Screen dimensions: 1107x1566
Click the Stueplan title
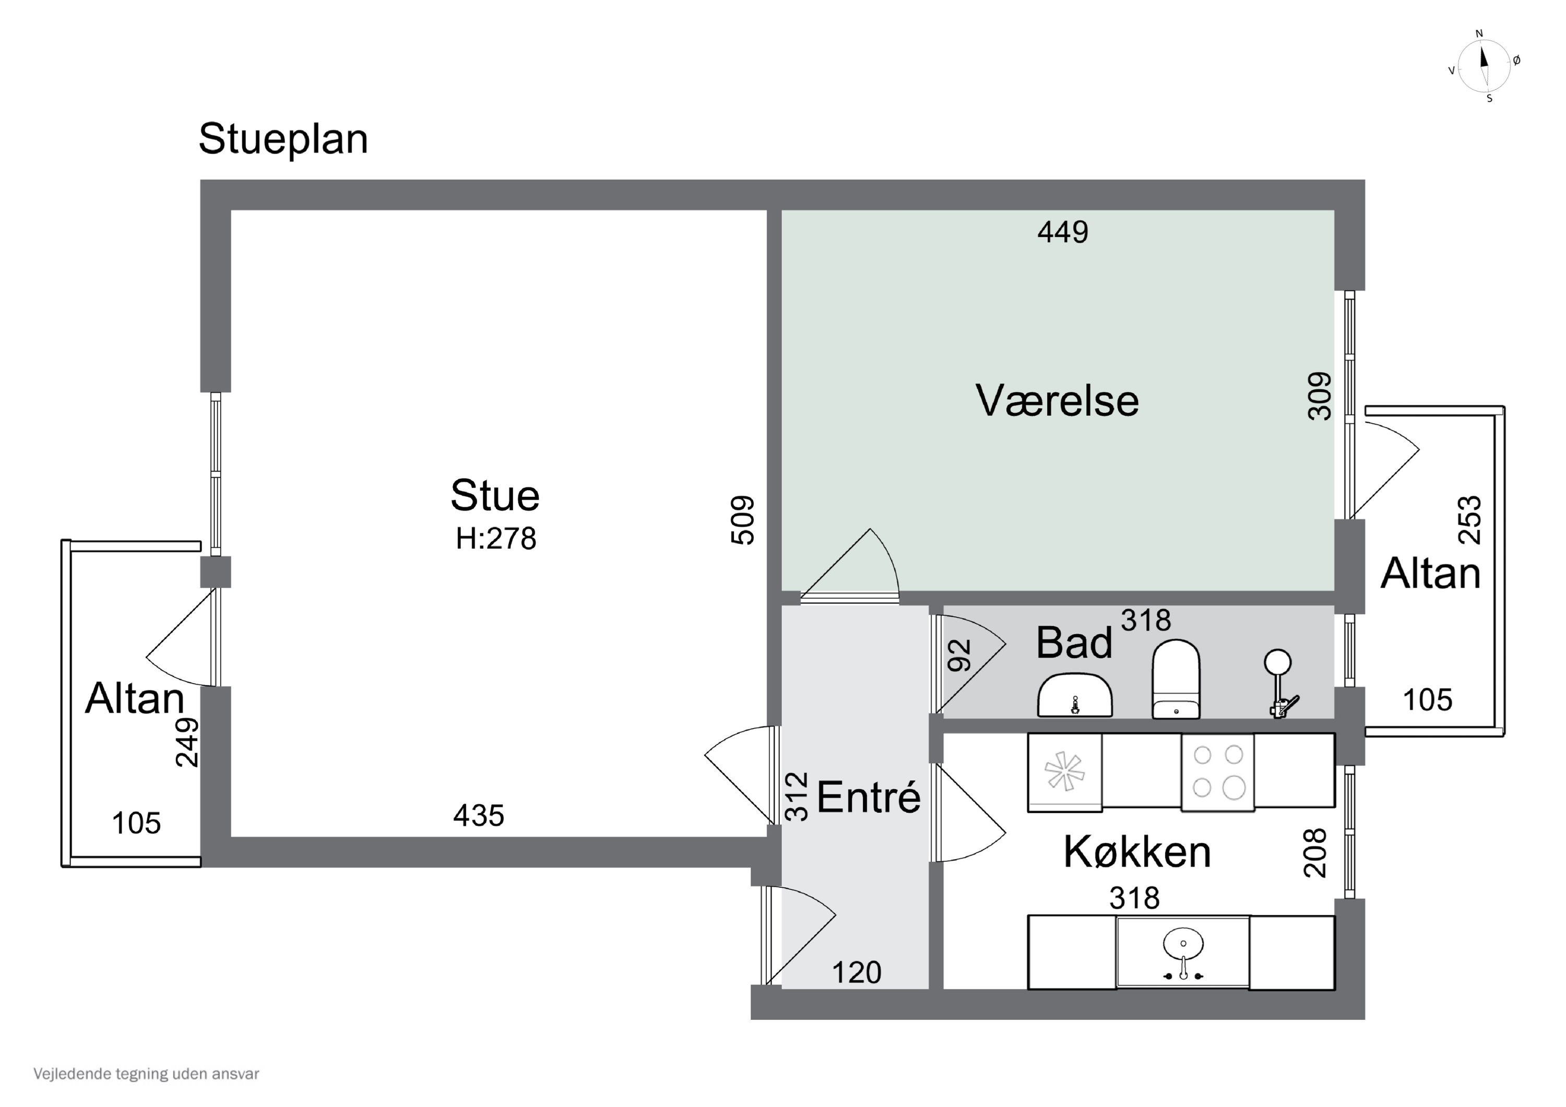tap(283, 139)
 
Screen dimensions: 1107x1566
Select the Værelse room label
tap(1057, 400)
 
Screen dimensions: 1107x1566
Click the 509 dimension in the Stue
tap(743, 520)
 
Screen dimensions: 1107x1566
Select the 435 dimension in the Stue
tap(479, 816)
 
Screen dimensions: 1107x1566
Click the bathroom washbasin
tap(1074, 696)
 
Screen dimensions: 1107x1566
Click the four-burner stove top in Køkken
tap(1217, 772)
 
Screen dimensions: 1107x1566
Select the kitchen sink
tap(1183, 951)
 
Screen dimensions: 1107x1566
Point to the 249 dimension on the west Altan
tap(187, 742)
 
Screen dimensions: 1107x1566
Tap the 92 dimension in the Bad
tap(959, 655)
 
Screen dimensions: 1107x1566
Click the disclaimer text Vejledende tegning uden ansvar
tap(147, 1074)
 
